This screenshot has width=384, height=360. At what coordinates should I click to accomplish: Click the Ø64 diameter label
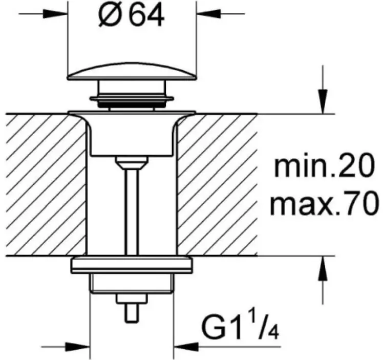(x=132, y=15)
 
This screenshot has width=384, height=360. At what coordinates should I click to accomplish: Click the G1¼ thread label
(x=240, y=326)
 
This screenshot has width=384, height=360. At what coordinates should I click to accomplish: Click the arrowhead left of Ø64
(x=55, y=14)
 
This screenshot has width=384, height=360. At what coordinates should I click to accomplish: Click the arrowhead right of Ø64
(x=208, y=14)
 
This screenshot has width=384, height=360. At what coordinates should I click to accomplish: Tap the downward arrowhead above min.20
(x=323, y=102)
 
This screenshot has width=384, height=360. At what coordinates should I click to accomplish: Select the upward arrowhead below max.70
(x=323, y=268)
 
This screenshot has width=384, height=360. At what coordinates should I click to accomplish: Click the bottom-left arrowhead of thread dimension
(x=78, y=347)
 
